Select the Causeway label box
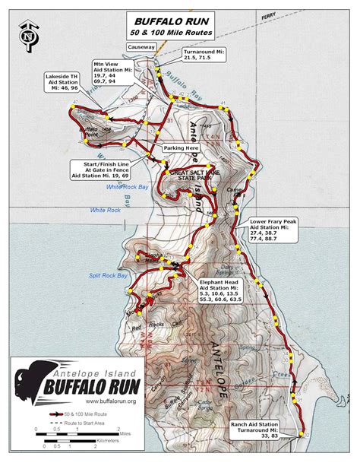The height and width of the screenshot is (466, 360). click(x=142, y=46)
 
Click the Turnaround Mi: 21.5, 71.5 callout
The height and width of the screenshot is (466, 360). click(x=204, y=57)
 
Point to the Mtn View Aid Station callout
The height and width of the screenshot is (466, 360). click(x=112, y=72)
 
